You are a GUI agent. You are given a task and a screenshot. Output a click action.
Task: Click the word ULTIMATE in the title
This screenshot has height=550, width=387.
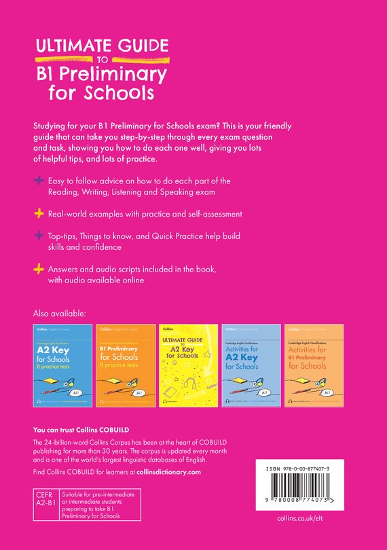click(71, 46)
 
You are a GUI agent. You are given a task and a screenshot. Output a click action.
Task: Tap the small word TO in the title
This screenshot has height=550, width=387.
click(101, 59)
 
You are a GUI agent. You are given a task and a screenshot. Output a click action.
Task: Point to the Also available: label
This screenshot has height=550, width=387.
click(60, 314)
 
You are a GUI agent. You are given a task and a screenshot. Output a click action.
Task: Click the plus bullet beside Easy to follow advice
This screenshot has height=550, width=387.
click(39, 181)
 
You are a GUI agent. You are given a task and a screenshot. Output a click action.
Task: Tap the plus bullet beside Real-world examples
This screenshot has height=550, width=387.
click(39, 214)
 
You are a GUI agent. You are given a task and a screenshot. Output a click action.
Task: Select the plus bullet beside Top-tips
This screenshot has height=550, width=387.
click(39, 236)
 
